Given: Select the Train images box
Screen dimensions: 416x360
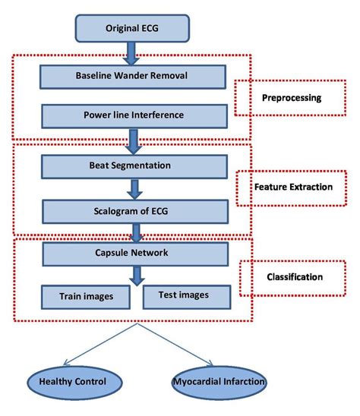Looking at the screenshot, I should [x=83, y=296].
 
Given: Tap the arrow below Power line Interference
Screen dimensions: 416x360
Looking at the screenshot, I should [x=134, y=140].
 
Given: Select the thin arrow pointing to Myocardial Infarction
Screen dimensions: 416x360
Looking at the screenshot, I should [x=179, y=346].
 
